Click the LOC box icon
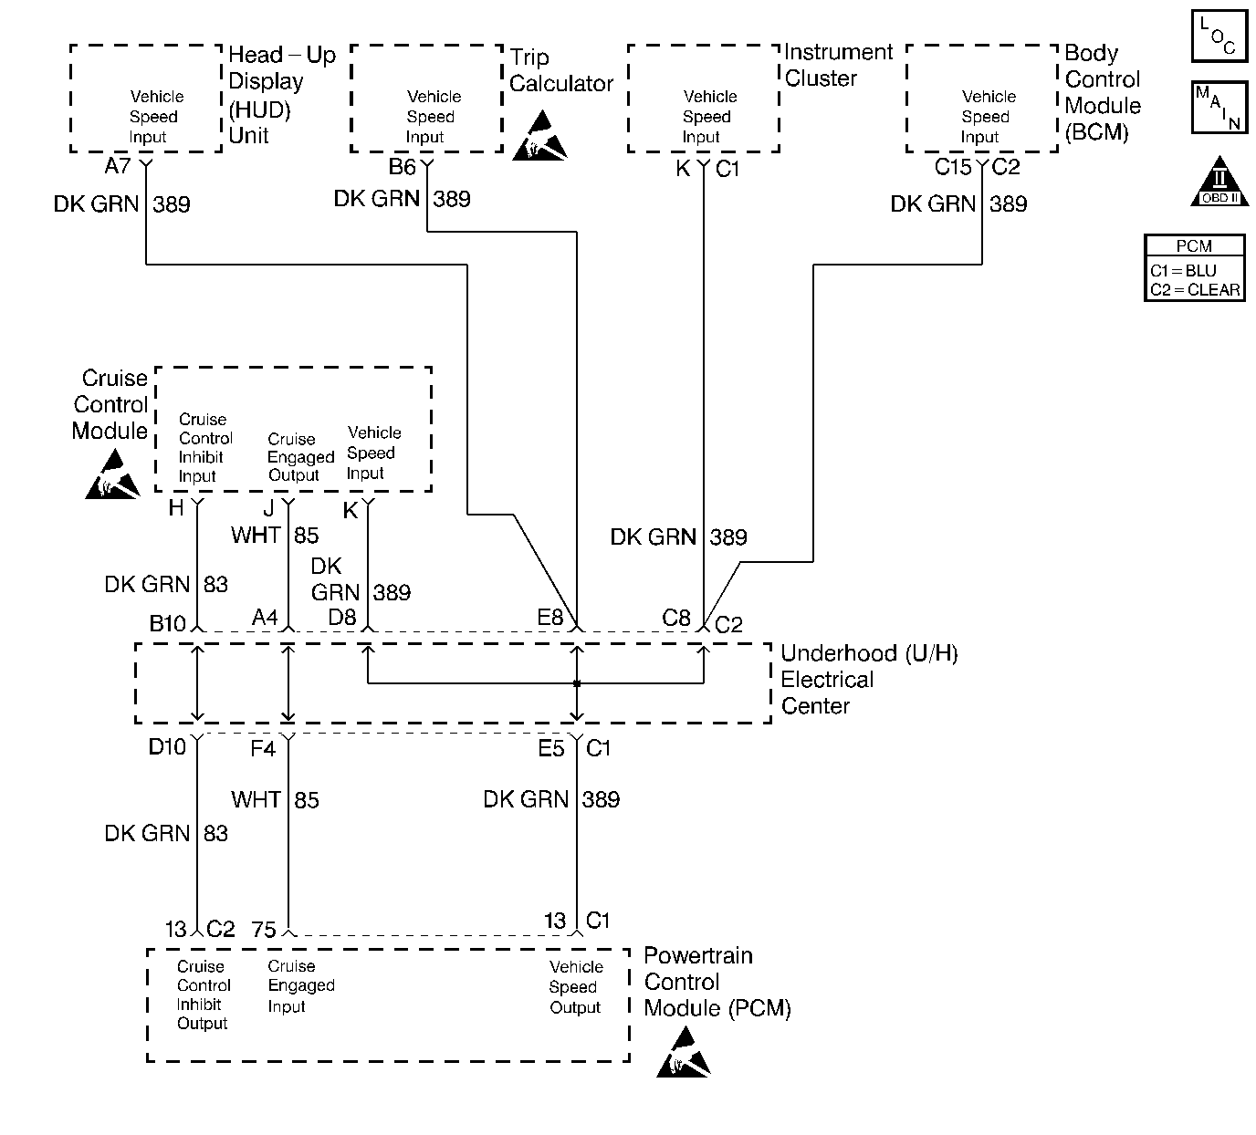click(x=1219, y=37)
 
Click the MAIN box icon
click(x=1219, y=108)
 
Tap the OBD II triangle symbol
click(x=1219, y=182)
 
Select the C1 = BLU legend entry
click(x=1184, y=271)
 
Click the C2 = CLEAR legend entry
click(x=1195, y=290)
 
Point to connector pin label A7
click(x=119, y=167)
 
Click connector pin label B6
click(x=403, y=167)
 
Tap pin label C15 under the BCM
click(x=953, y=168)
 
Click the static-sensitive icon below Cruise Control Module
click(x=112, y=478)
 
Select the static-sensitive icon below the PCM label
click(x=683, y=1052)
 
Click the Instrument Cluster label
click(x=837, y=65)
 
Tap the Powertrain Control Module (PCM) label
click(x=716, y=982)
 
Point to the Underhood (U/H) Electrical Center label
click(x=868, y=680)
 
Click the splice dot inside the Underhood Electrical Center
click(x=577, y=683)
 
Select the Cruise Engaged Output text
click(x=300, y=457)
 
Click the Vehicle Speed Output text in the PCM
click(x=575, y=987)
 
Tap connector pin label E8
click(x=550, y=619)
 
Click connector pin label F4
click(x=263, y=749)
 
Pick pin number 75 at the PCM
click(x=264, y=930)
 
